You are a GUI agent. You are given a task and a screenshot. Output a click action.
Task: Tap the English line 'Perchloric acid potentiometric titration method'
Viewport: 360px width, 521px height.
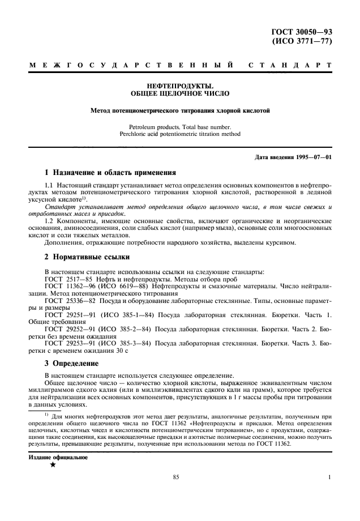180,135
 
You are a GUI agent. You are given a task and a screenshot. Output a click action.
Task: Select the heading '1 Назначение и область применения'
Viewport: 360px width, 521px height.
110,172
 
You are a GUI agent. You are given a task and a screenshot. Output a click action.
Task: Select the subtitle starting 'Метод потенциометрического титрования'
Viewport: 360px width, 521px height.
180,111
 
